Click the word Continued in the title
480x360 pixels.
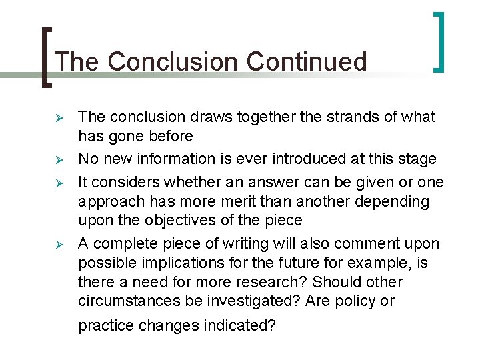coord(307,62)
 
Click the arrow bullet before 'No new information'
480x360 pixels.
coord(59,160)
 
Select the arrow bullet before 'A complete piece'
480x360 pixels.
coord(59,243)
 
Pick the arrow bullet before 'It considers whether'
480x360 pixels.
coord(59,181)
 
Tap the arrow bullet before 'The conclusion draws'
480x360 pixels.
coord(59,118)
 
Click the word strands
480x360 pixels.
coord(340,117)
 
